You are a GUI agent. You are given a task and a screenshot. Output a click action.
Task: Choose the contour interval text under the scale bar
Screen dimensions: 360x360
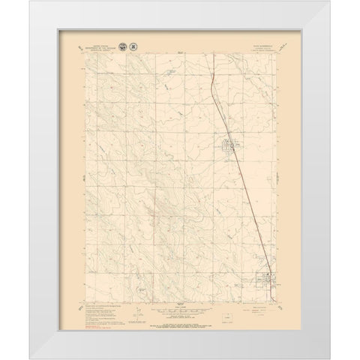coord(178,314)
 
